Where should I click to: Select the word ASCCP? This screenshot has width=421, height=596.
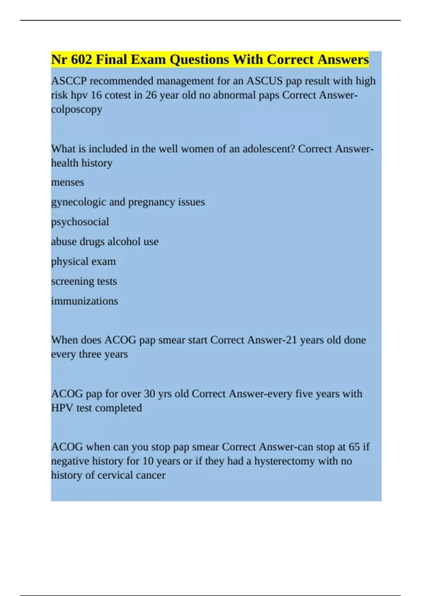69,81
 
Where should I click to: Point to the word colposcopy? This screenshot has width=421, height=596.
76,109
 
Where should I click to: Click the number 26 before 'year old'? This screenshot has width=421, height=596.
151,95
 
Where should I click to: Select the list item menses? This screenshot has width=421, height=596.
67,182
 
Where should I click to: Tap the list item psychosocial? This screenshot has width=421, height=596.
80,222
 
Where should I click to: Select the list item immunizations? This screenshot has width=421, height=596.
85,301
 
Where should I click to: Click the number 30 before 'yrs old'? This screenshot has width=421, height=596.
149,394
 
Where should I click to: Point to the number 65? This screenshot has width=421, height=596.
354,447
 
